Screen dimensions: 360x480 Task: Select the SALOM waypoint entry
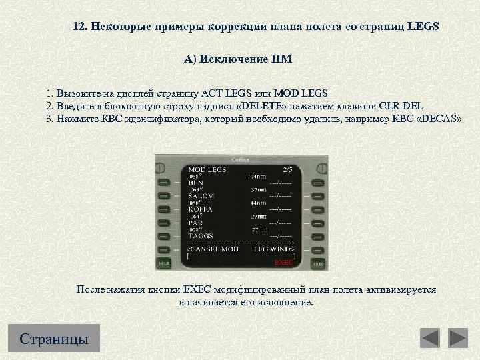(201, 196)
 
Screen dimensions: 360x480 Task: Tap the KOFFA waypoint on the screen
(201, 209)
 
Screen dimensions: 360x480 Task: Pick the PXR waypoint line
(196, 222)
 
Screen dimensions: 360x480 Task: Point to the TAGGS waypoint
(201, 235)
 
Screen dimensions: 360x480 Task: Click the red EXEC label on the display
(283, 263)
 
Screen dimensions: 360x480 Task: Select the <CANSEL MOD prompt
(211, 249)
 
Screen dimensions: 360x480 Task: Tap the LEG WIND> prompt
(274, 249)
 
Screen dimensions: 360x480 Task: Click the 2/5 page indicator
(287, 169)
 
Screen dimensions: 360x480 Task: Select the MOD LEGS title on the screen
(207, 169)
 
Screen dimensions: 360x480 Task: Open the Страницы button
(55, 339)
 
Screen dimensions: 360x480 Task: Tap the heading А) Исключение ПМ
(238, 59)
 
